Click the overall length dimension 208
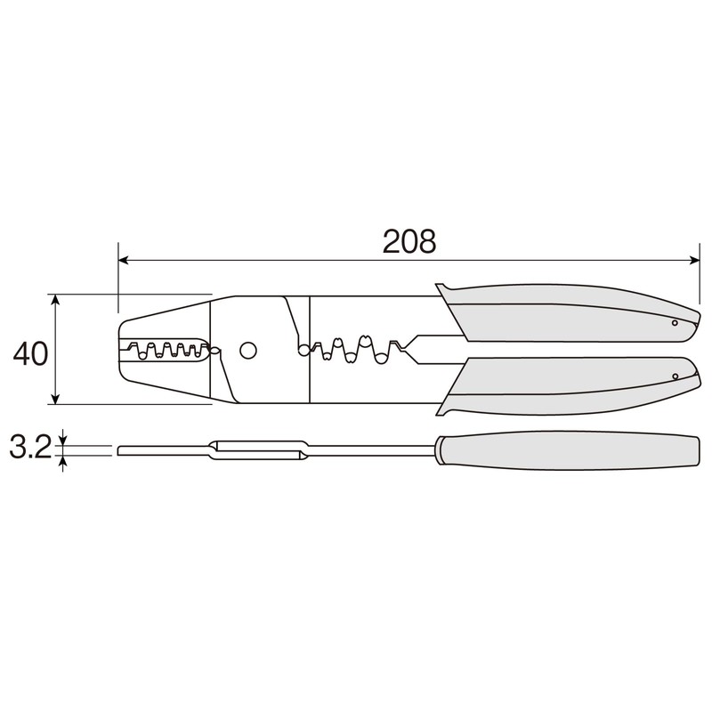(x=409, y=239)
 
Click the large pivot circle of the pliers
(x=248, y=350)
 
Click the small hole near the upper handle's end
(x=675, y=323)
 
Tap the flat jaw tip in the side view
(x=160, y=449)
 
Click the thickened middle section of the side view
(x=258, y=450)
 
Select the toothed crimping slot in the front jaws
(x=165, y=350)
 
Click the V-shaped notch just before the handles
(x=406, y=349)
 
